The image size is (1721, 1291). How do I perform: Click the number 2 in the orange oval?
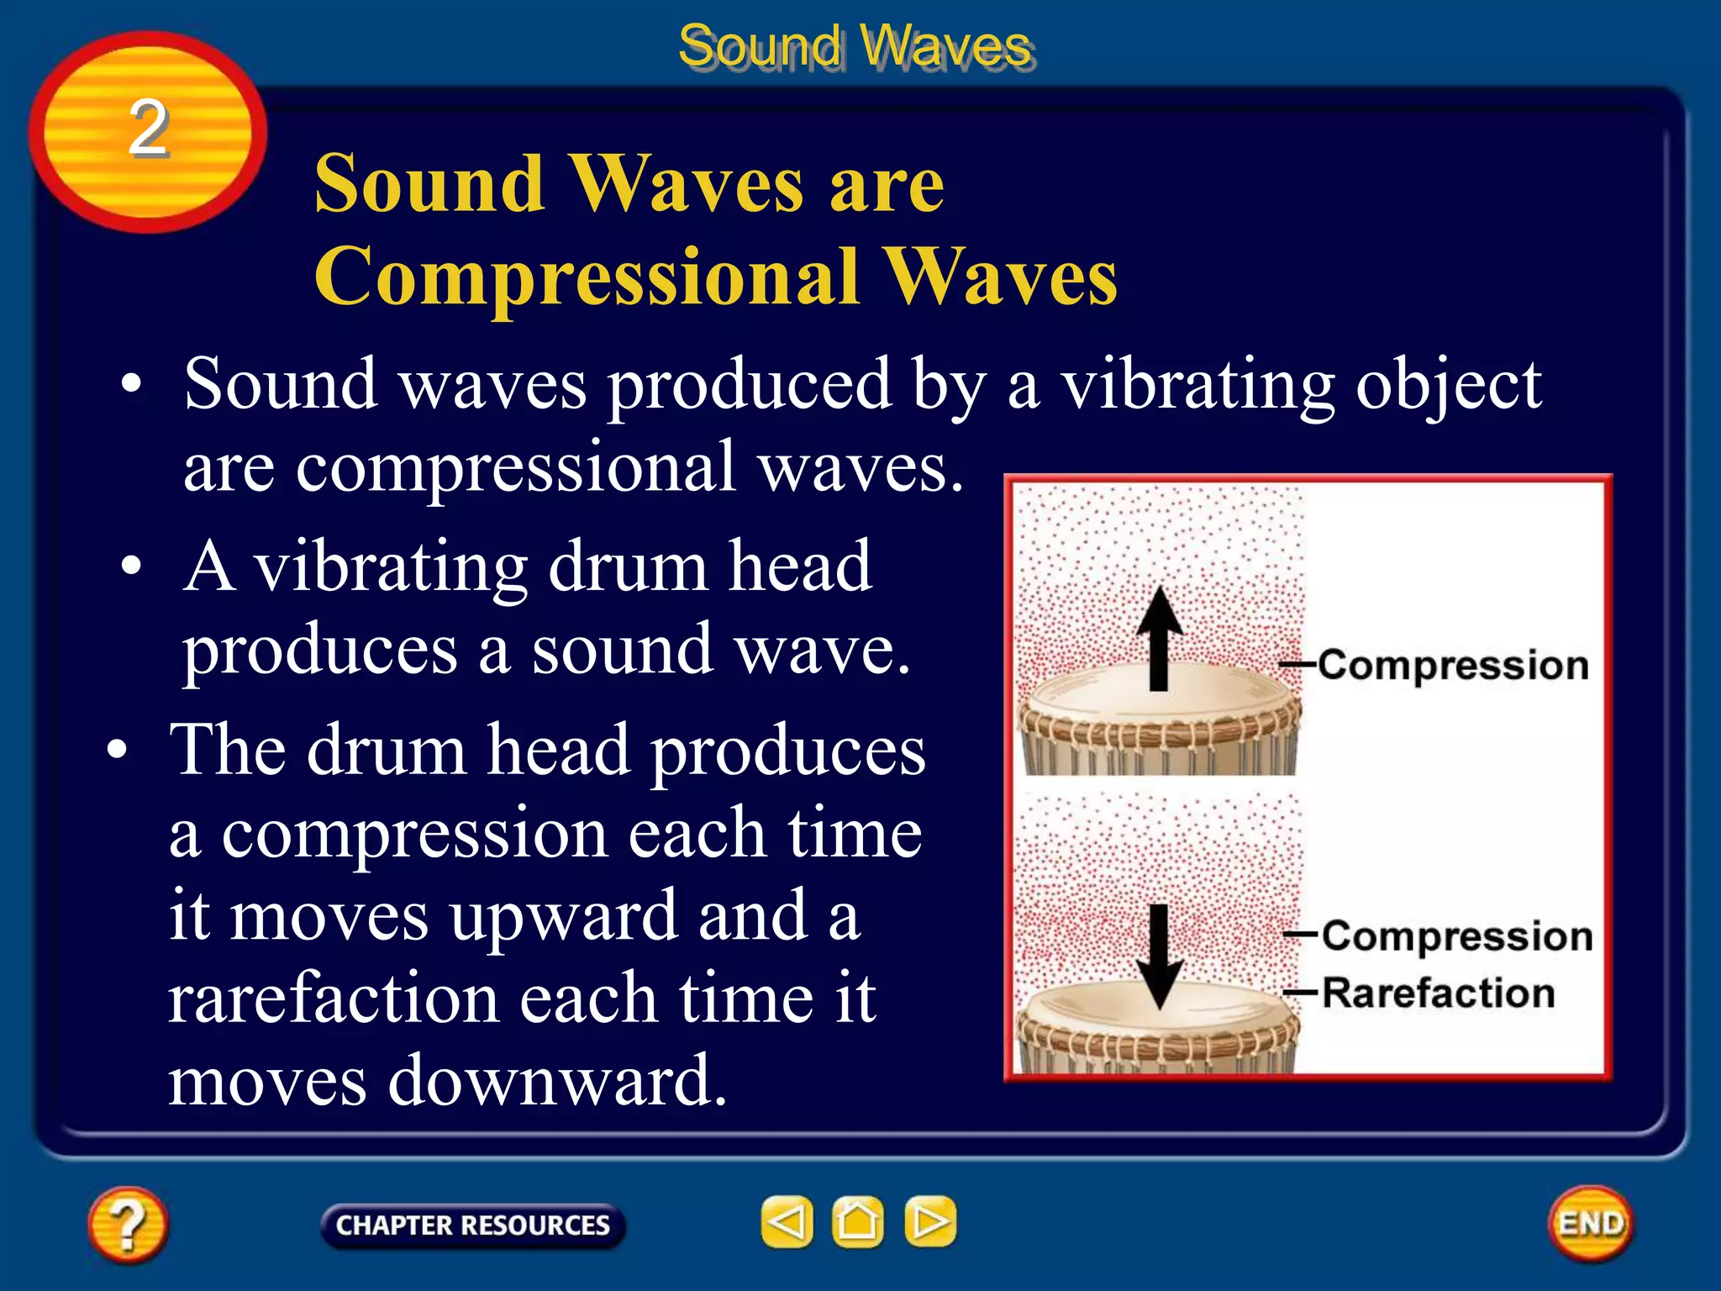coord(148,128)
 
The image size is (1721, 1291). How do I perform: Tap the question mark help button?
coord(128,1225)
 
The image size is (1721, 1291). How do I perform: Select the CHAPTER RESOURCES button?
coord(472,1225)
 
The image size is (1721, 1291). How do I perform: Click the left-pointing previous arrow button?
coord(787,1221)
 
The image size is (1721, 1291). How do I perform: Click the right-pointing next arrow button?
coord(929,1221)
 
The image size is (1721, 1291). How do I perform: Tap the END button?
coord(1590,1223)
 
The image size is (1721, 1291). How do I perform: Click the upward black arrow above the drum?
coord(1160,639)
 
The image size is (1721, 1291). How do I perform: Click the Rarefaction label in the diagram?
coord(1438,993)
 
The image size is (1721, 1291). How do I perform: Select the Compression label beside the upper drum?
coord(1452,665)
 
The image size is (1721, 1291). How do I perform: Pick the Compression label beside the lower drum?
coord(1456,935)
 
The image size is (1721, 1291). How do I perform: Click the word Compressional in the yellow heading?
coord(587,277)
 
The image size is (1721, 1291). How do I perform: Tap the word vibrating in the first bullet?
coord(1197,385)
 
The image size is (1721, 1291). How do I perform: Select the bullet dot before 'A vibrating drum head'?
coord(131,566)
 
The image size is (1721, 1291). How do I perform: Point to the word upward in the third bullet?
coord(562,916)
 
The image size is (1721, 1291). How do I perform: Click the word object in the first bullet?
coord(1448,385)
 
